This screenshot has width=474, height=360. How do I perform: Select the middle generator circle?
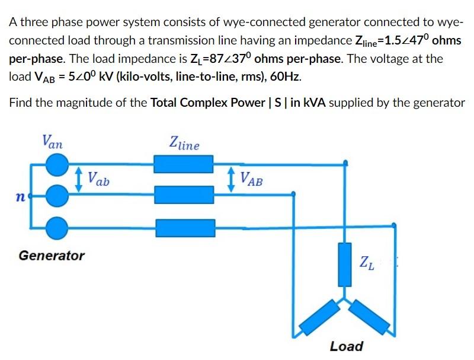tap(57, 195)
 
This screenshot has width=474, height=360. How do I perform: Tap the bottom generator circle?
tap(57, 225)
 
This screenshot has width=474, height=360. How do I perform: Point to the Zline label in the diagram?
tap(184, 143)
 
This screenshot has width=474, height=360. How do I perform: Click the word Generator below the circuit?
tap(52, 256)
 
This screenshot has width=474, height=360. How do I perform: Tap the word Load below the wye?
tap(347, 346)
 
